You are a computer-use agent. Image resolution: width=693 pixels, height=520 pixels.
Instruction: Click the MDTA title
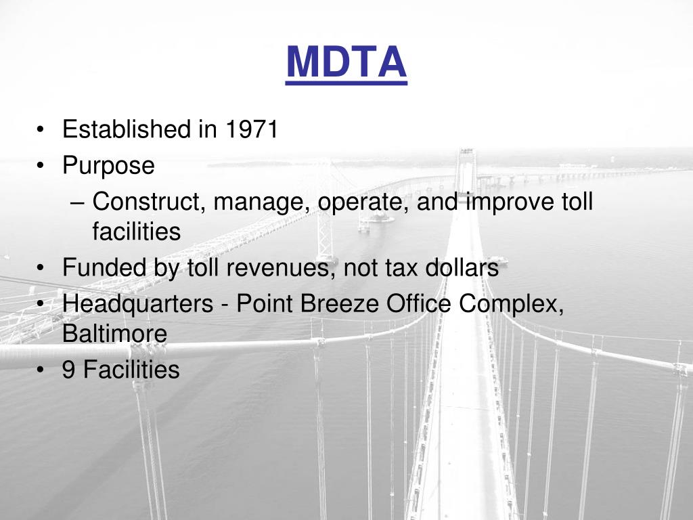click(346, 62)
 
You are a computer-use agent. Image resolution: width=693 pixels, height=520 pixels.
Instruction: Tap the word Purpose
click(108, 166)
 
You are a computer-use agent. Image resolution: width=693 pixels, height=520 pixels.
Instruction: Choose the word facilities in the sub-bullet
click(136, 232)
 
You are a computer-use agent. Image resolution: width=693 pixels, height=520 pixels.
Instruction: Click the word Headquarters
click(137, 305)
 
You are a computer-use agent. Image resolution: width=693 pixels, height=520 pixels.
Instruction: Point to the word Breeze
click(340, 304)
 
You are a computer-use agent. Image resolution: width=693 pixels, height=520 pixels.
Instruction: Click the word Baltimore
click(114, 334)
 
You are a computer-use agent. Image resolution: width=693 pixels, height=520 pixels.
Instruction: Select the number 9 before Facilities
click(69, 370)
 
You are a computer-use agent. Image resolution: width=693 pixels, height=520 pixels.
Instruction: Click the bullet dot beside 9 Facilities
click(43, 370)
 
